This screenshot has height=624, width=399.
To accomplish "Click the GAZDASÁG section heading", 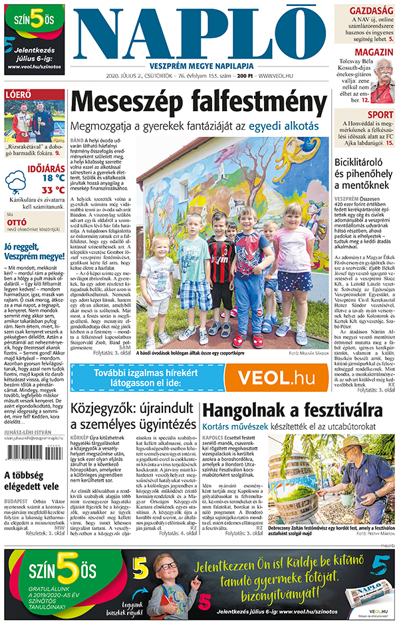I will [x=372, y=12].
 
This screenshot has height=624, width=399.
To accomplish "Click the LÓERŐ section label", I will [x=19, y=94].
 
